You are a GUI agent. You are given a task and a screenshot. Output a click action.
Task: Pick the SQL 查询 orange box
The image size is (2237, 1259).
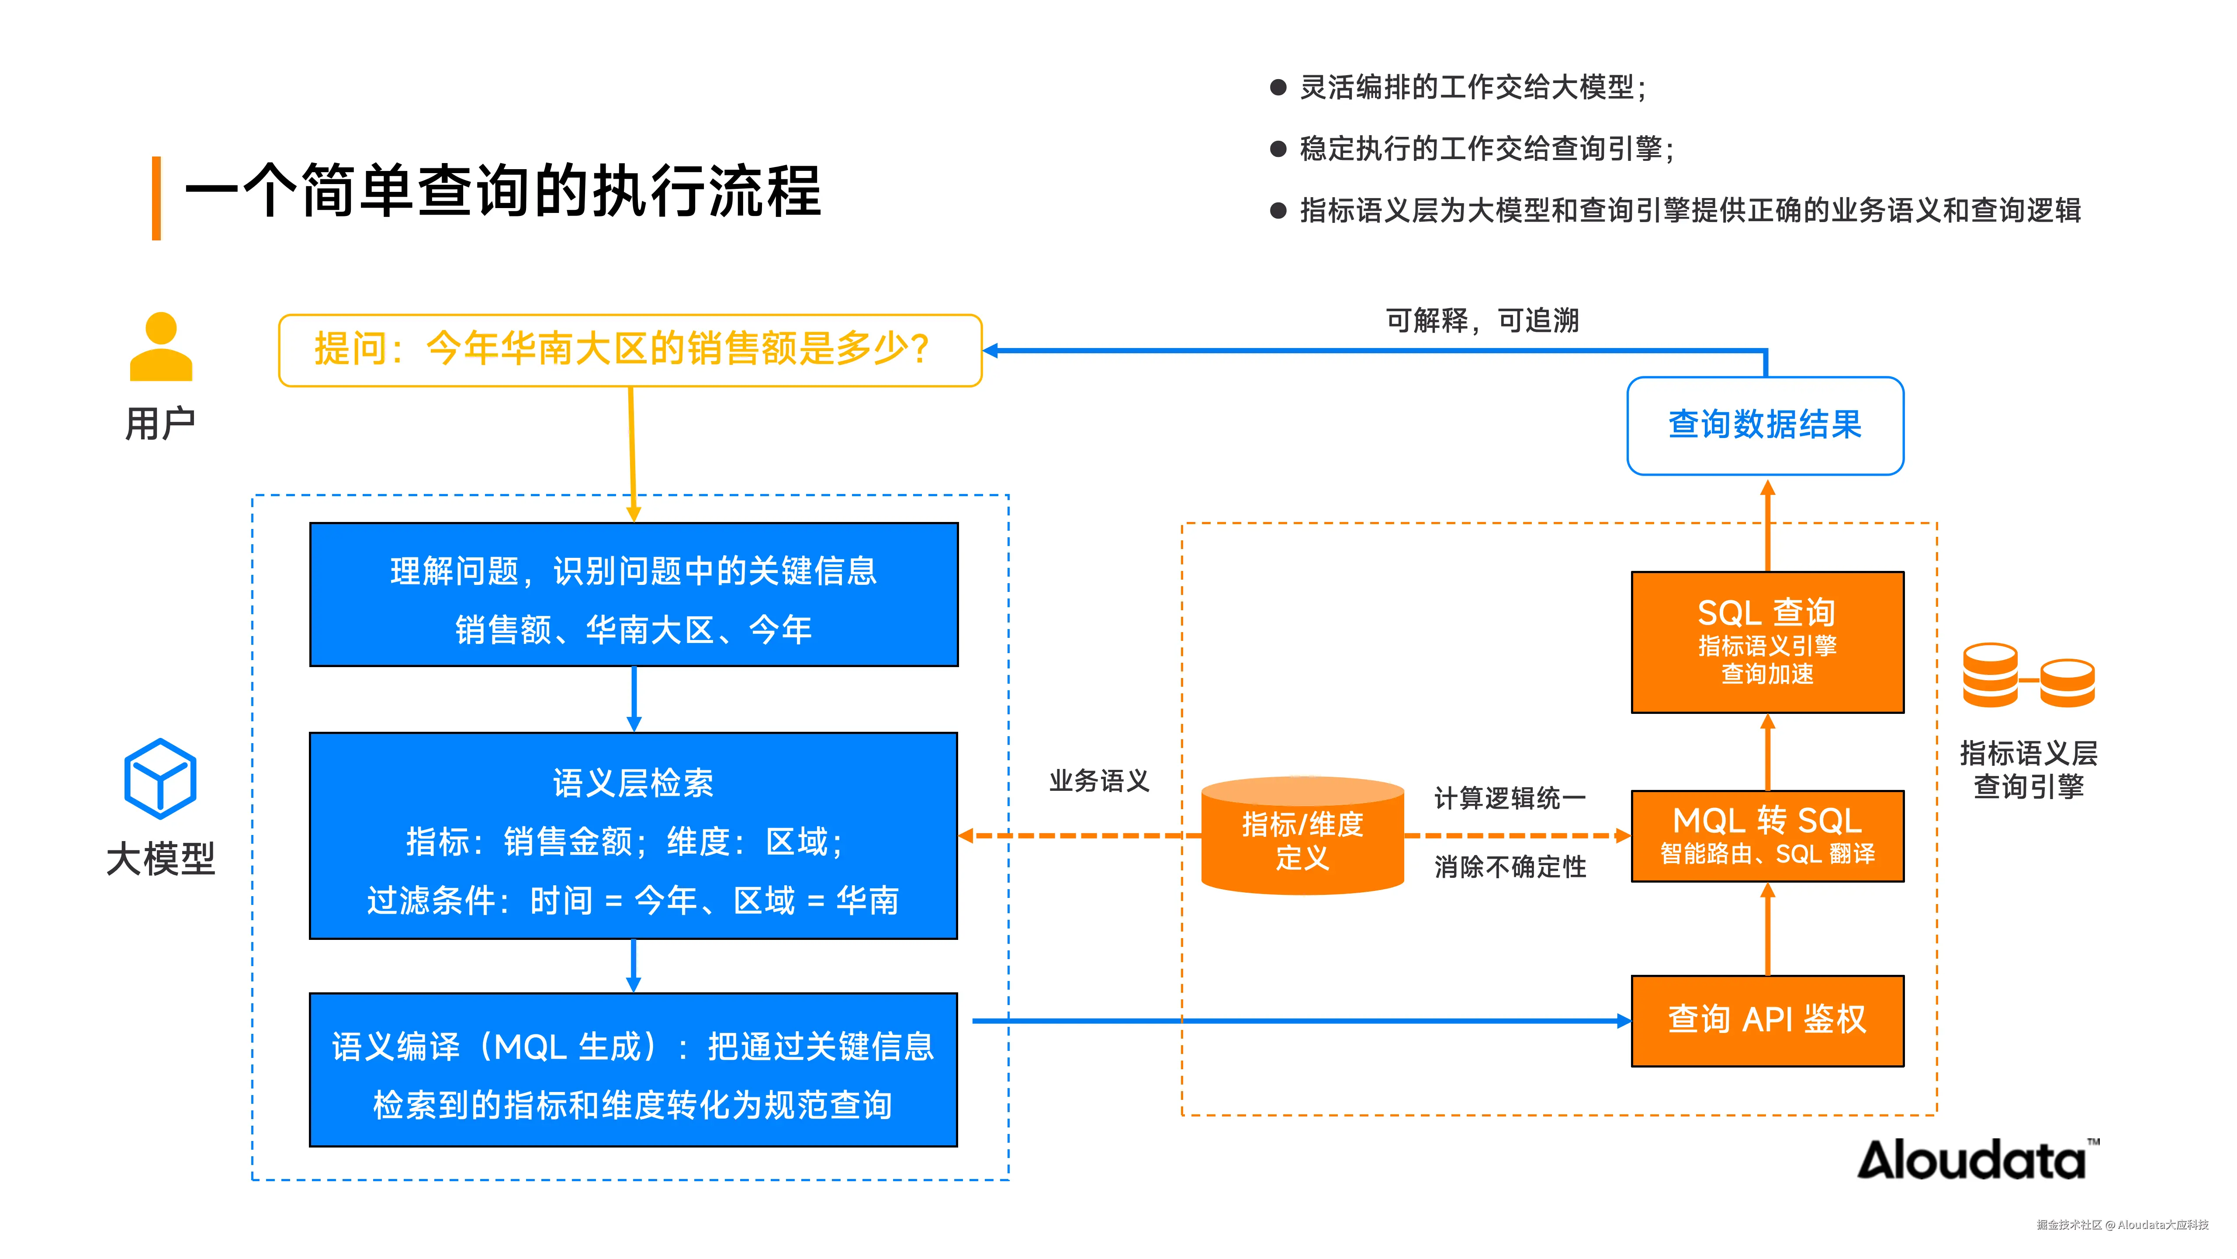1767,642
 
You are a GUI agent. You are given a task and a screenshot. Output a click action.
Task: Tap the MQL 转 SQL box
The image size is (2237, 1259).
1767,836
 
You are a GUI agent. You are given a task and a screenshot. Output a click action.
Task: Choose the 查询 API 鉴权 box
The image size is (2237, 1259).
1767,1020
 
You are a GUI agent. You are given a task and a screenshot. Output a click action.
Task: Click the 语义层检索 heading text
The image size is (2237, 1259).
633,783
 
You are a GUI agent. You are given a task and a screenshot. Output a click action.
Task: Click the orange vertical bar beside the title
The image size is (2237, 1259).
156,198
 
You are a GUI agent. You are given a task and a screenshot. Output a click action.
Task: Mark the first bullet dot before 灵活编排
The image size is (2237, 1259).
1278,87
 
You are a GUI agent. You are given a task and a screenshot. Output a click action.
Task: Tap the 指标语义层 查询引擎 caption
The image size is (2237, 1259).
2029,769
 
